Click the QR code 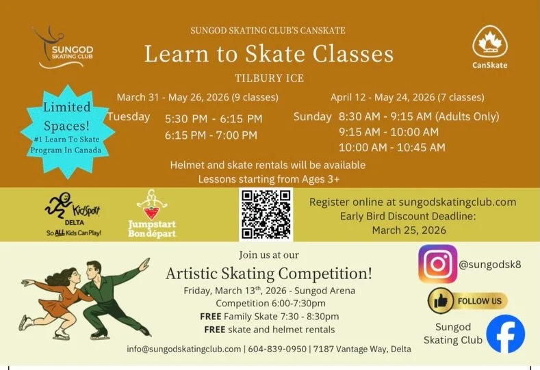tap(266, 214)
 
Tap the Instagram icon tap(437, 263)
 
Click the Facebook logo tap(505, 334)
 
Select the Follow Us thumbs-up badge tap(467, 300)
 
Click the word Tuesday tap(129, 117)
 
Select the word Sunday tap(313, 116)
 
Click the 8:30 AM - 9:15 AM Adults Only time tap(419, 116)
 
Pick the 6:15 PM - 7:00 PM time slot tap(211, 135)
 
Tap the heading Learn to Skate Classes tap(269, 54)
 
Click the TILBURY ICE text tap(269, 77)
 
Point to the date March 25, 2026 tap(409, 230)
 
